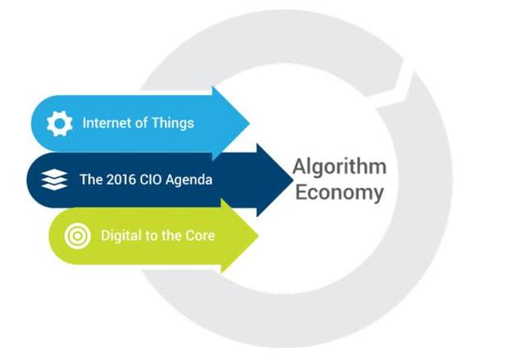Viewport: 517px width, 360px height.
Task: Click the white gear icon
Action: point(59,124)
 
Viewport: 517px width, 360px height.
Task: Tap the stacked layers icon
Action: point(54,180)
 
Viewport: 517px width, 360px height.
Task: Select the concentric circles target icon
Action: point(77,236)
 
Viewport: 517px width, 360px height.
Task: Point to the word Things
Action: point(173,124)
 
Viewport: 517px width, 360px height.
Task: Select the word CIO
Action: point(151,180)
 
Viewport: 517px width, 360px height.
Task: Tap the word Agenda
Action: point(190,180)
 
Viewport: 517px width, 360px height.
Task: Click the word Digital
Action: point(121,236)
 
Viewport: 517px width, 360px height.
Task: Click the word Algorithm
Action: point(340,167)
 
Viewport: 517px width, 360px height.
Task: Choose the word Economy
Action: point(340,193)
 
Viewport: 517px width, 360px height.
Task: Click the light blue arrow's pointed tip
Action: point(249,124)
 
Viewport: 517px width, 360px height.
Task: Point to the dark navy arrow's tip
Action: point(293,180)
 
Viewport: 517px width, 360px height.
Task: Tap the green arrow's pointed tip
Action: point(258,236)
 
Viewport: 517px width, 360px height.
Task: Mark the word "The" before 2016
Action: point(91,180)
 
